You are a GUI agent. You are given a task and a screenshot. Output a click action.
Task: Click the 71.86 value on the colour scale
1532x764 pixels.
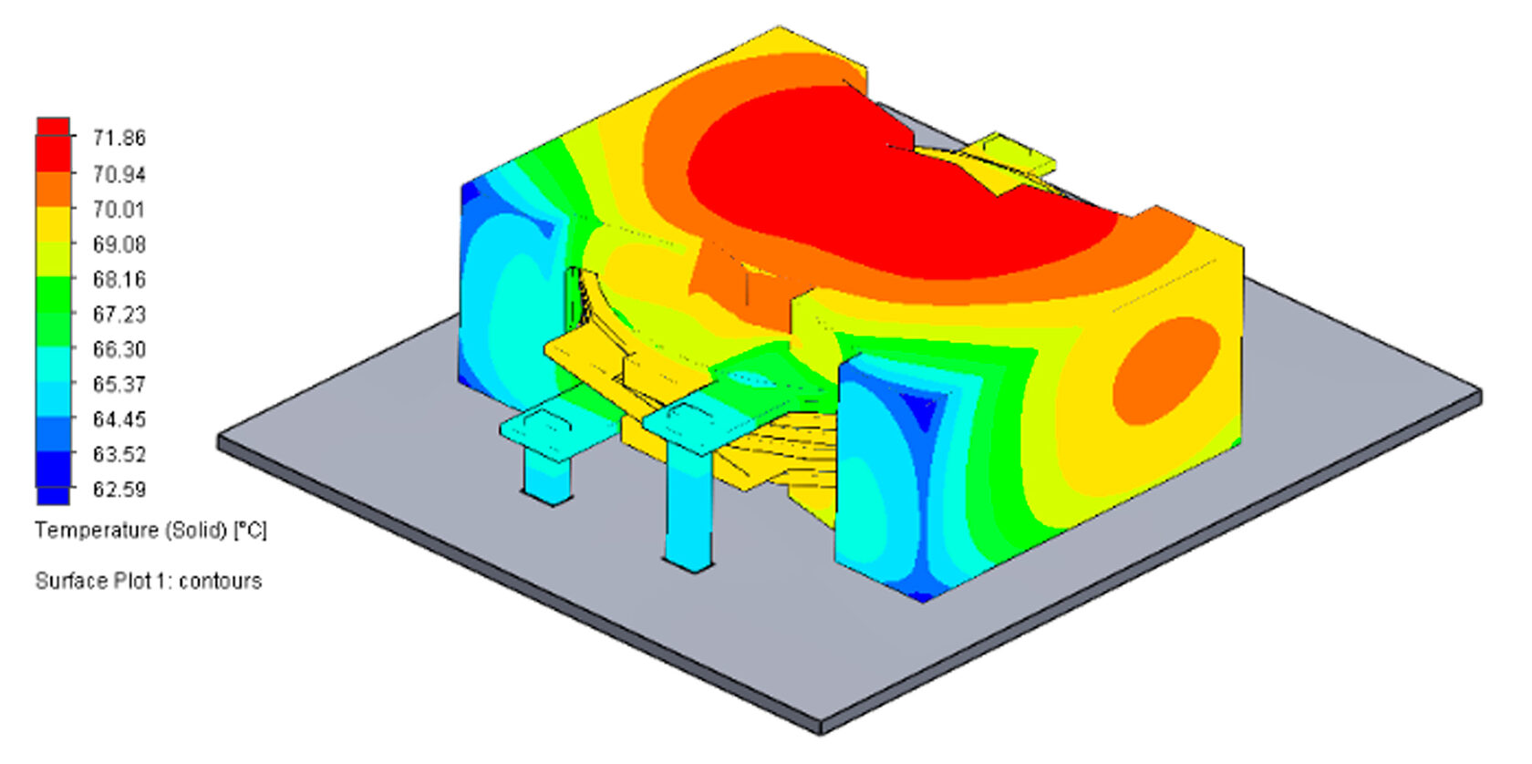click(x=119, y=139)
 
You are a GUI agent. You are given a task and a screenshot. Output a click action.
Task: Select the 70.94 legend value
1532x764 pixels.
click(x=119, y=174)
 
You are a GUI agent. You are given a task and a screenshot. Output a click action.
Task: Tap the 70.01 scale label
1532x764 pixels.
click(x=119, y=210)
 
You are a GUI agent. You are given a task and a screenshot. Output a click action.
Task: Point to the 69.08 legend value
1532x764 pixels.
click(x=119, y=244)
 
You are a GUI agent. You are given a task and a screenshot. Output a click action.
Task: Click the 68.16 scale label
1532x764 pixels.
click(x=119, y=279)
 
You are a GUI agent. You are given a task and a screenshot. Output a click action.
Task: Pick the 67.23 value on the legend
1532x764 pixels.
click(x=119, y=315)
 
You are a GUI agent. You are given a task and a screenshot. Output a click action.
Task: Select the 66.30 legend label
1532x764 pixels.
click(x=119, y=349)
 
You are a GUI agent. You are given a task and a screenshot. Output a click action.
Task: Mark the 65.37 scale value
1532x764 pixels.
click(x=119, y=385)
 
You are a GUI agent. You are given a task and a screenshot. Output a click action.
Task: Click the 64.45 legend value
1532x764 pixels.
click(x=119, y=419)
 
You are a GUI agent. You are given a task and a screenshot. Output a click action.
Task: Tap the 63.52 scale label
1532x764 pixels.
click(x=119, y=454)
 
